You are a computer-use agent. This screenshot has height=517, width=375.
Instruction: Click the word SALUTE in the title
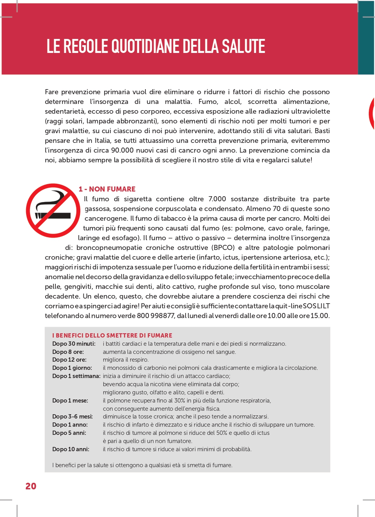coord(243,46)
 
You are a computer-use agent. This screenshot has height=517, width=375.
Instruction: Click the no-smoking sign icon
coord(53,211)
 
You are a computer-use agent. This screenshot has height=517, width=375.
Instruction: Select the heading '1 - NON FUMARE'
coord(107,189)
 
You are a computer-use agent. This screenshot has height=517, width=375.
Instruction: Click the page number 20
coord(31,486)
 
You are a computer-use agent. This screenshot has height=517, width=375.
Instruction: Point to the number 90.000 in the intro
coord(122,150)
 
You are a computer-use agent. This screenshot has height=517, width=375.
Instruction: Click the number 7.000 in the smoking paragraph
coord(217,199)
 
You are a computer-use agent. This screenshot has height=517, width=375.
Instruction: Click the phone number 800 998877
coord(156,316)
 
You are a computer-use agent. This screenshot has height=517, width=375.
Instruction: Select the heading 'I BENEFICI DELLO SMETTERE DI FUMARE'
coord(112,336)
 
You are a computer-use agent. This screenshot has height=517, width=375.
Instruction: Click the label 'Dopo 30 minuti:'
coord(74,344)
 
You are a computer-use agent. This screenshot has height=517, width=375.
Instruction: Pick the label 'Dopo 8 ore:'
coord(68,352)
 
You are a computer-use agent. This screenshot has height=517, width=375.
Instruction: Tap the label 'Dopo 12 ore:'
coord(69,360)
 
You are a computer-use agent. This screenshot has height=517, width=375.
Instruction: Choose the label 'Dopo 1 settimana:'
coord(76,376)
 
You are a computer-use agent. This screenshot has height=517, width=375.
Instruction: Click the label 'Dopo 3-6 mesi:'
coord(73,417)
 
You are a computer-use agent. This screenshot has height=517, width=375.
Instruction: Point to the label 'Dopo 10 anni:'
coord(71,449)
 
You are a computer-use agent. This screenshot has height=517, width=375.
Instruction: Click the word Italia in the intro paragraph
coord(103,141)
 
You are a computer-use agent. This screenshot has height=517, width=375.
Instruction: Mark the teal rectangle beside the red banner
coord(366,38)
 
